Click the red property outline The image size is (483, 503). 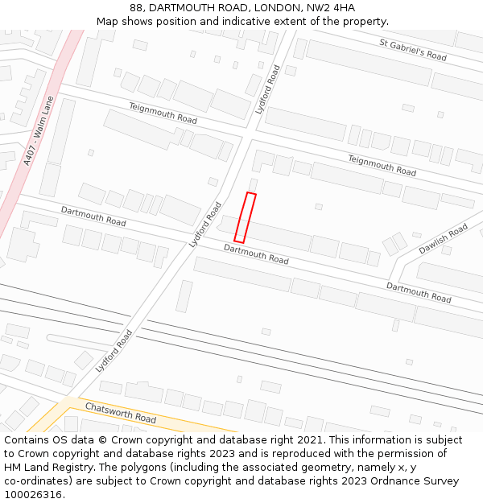point(246,217)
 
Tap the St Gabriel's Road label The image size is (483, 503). point(413,50)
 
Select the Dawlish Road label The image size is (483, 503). point(443,239)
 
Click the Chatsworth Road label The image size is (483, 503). point(121,413)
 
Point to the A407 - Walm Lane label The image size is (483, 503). point(38,131)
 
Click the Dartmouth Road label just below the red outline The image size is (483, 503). point(256,254)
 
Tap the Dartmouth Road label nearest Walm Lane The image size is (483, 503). point(93,216)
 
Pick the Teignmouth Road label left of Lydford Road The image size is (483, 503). point(163,113)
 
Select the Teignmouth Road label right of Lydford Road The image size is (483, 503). point(382,165)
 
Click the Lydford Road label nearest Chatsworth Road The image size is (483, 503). point(113,350)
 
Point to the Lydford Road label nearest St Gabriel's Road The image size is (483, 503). point(268,89)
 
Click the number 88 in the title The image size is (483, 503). point(136,8)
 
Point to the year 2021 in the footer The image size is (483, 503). point(307,440)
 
